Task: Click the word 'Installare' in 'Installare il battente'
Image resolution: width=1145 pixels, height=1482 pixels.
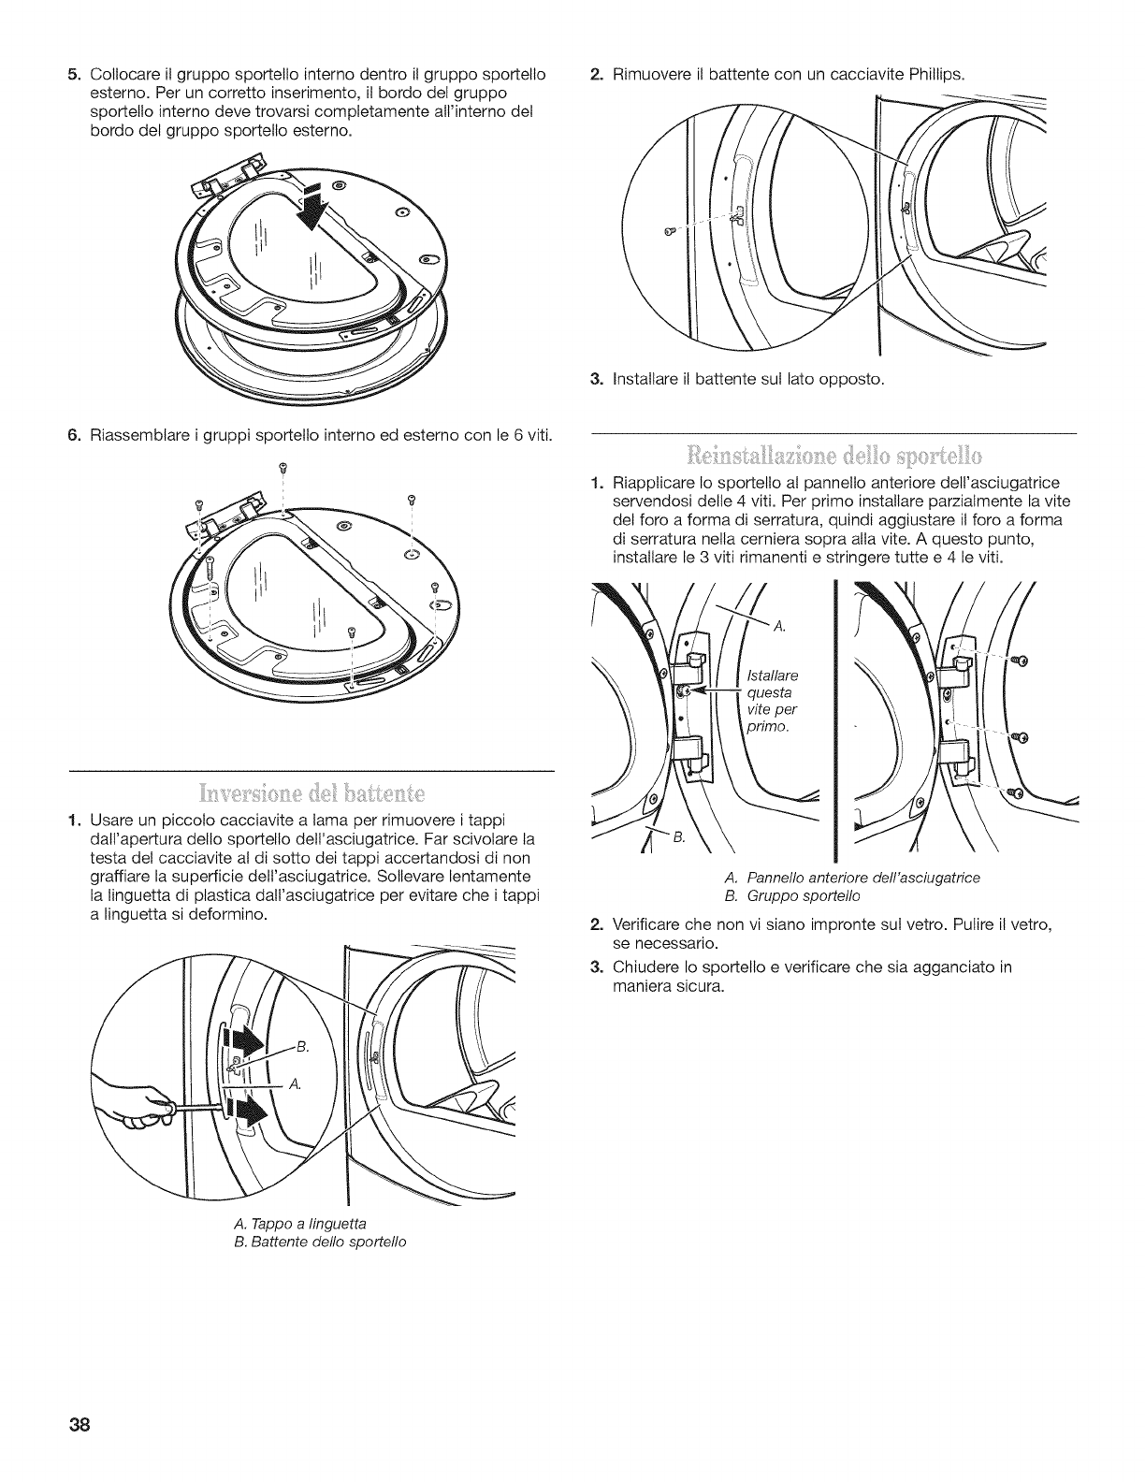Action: pos(647,379)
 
